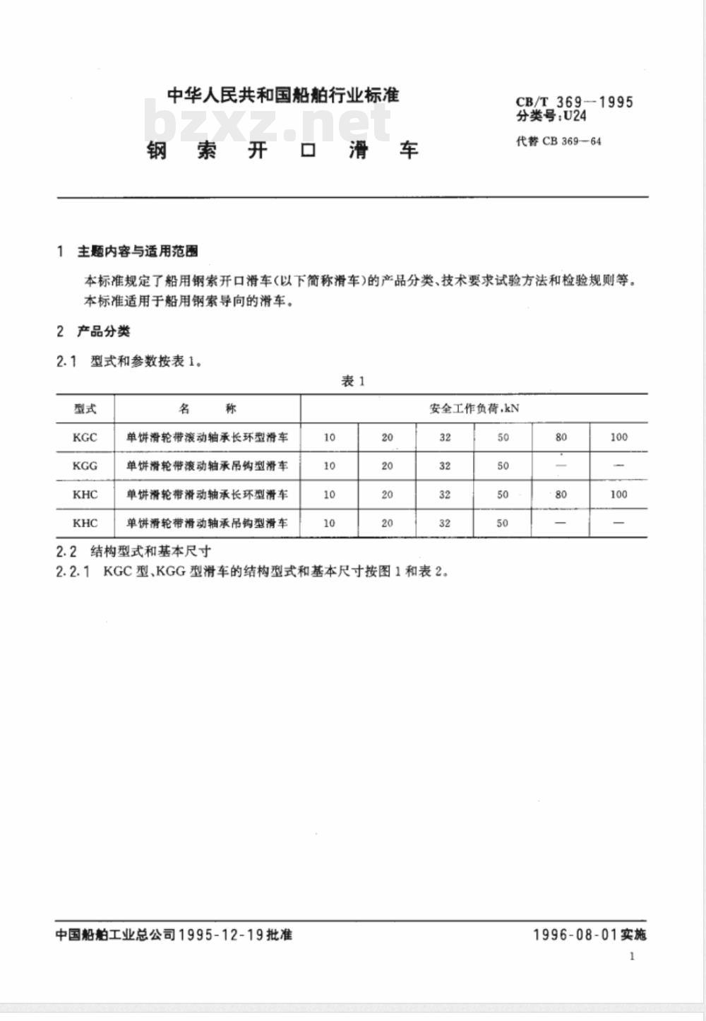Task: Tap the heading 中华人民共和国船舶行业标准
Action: (283, 95)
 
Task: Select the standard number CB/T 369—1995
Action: (574, 102)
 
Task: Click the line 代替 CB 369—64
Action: (558, 141)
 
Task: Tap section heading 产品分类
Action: (103, 331)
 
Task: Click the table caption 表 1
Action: (352, 382)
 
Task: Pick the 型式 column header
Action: (85, 408)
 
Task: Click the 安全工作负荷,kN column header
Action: (474, 408)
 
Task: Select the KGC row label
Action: (85, 437)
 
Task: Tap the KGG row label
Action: (85, 466)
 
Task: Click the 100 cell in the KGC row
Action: (618, 437)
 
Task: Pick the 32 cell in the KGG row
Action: (445, 466)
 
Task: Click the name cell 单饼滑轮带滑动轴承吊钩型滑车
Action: (207, 524)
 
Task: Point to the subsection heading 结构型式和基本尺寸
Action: (150, 551)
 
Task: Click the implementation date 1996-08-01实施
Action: (589, 935)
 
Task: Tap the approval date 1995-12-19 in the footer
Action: (221, 935)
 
